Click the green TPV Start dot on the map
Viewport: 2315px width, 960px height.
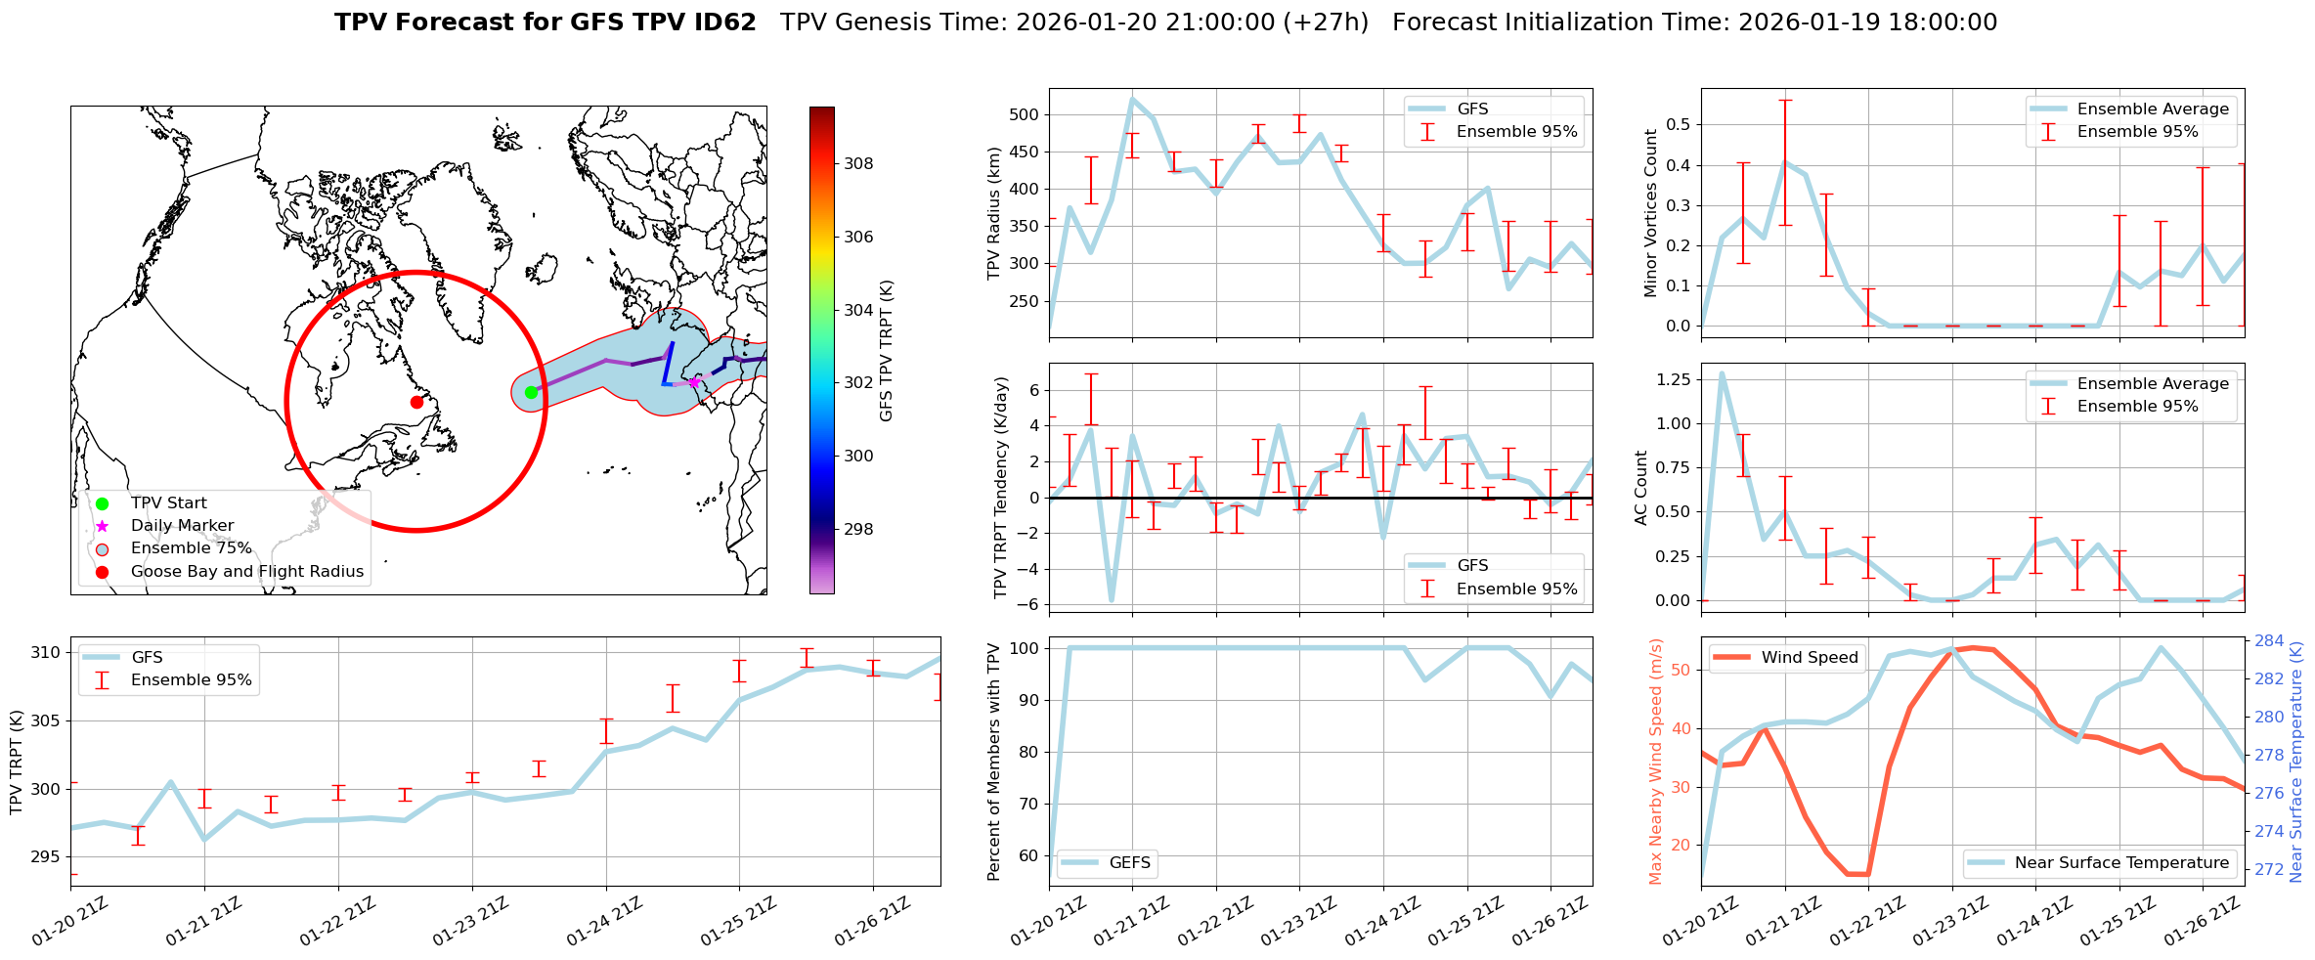coord(531,392)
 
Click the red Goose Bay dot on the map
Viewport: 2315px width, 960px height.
coord(416,402)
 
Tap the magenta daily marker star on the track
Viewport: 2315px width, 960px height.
coord(694,382)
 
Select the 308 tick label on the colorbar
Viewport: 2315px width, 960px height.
coord(858,164)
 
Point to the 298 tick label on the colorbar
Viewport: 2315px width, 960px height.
coord(858,530)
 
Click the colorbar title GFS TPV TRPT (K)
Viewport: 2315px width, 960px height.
coord(887,350)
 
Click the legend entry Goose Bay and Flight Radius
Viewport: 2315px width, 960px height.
coord(246,571)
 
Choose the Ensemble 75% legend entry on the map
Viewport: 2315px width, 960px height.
coord(191,548)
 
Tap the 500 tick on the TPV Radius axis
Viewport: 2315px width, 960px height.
coord(1024,114)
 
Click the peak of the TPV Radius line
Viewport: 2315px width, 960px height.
coord(1132,99)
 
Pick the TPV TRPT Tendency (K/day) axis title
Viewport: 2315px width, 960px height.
coord(1000,488)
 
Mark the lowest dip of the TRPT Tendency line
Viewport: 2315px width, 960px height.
coord(1112,600)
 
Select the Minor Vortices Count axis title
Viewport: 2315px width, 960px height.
coord(1651,213)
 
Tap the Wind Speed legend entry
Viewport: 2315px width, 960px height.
coord(1809,657)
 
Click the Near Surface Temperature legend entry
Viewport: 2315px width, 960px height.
coord(2121,862)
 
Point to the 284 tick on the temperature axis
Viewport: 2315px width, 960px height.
coord(2269,641)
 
